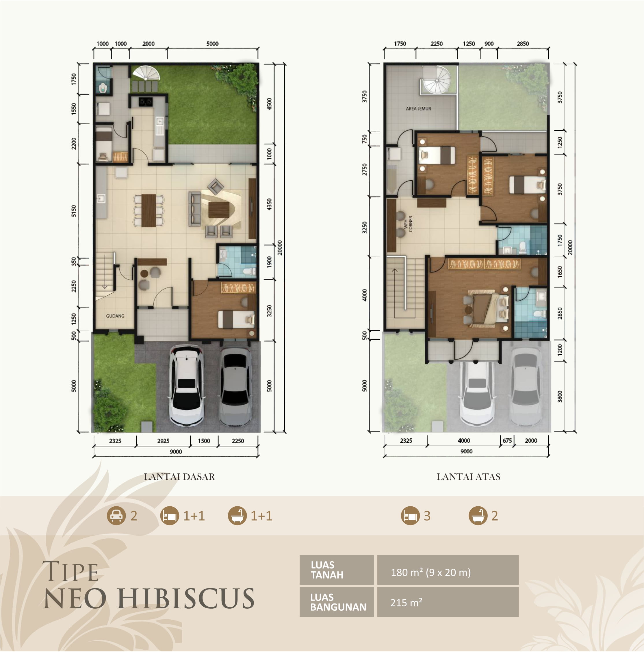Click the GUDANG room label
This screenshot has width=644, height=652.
click(x=115, y=316)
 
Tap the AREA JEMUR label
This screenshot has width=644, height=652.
click(x=418, y=109)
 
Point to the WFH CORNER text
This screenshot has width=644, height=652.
click(x=408, y=224)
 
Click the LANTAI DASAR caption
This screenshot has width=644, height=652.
click(x=179, y=477)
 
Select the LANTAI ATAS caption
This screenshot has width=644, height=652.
click(x=468, y=477)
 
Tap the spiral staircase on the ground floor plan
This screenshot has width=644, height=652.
click(x=146, y=73)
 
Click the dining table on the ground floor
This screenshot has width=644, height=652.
click(x=149, y=210)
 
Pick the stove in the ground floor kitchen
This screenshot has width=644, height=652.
click(x=146, y=101)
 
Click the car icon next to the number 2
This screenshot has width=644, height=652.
click(x=116, y=516)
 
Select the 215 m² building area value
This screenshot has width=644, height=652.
click(x=406, y=602)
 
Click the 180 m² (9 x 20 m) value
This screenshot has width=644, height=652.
click(x=430, y=572)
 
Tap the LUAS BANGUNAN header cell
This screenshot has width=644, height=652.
click(x=337, y=602)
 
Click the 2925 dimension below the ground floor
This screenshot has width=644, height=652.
click(x=163, y=441)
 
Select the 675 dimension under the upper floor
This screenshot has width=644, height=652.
click(x=507, y=440)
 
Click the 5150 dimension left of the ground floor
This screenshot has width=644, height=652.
click(x=74, y=211)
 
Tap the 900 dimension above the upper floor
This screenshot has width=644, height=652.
click(x=489, y=44)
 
